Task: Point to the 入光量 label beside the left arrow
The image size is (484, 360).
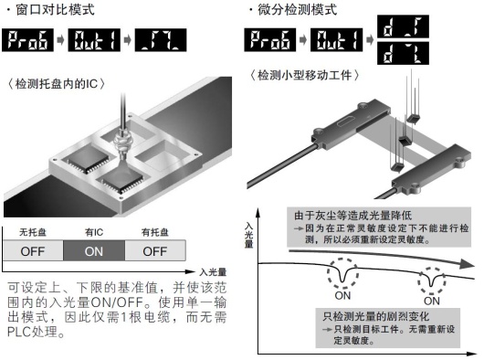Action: (212, 271)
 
